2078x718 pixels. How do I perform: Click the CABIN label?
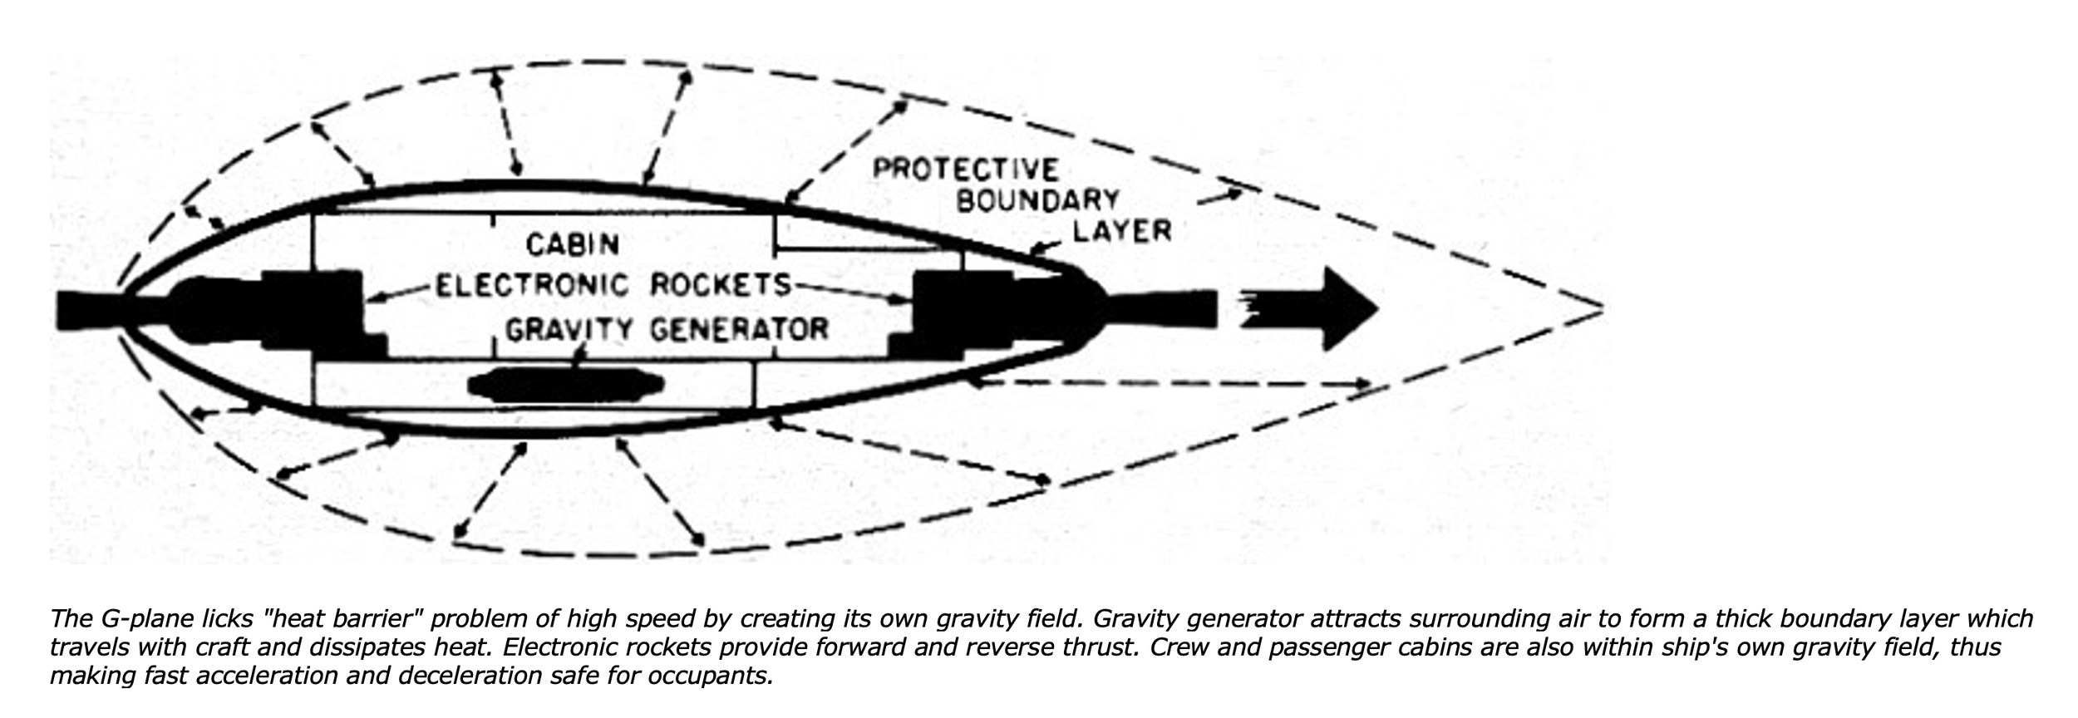(x=573, y=244)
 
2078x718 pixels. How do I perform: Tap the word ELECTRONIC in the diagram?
(x=533, y=286)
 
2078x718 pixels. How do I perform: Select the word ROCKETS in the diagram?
(x=720, y=286)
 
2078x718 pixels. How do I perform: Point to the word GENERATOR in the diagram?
(x=739, y=330)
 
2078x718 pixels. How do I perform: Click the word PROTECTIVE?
(x=965, y=170)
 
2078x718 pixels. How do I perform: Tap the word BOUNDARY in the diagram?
(x=1038, y=200)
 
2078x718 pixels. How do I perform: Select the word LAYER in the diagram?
(x=1122, y=230)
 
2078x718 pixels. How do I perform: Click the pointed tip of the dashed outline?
(x=1600, y=308)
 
